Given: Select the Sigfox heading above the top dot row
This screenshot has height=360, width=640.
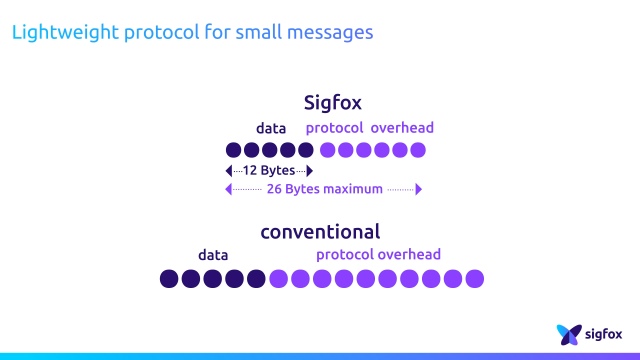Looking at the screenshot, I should tap(332, 103).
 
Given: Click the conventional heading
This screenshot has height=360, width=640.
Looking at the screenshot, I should tap(320, 232).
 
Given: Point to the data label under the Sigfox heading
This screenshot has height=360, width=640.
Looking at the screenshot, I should tap(270, 128).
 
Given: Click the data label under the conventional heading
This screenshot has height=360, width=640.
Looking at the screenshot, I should tap(213, 255).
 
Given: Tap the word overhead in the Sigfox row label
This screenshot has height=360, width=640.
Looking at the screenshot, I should tap(402, 128).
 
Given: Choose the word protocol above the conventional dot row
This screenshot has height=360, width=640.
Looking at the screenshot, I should tap(344, 255).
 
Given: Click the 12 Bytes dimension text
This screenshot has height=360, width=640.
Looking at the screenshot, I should tap(269, 171).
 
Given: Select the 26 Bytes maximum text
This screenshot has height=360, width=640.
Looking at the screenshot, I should tap(325, 189).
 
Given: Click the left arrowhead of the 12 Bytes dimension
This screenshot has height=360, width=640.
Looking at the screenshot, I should tap(229, 171).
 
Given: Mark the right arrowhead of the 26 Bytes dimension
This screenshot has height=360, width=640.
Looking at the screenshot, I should tap(419, 189).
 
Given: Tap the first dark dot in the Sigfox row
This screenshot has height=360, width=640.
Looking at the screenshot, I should tap(234, 150).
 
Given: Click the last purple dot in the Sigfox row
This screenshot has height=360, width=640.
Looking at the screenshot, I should tap(417, 150).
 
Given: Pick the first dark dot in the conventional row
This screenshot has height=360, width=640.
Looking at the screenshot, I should tap(169, 278).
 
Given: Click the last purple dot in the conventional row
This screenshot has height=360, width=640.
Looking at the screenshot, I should tap(475, 278).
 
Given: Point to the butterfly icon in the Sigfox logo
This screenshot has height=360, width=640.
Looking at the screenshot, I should tap(569, 333).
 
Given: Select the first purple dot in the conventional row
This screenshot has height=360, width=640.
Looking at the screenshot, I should tap(278, 278).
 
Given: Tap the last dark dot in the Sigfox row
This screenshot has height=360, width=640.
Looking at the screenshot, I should tap(307, 150).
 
